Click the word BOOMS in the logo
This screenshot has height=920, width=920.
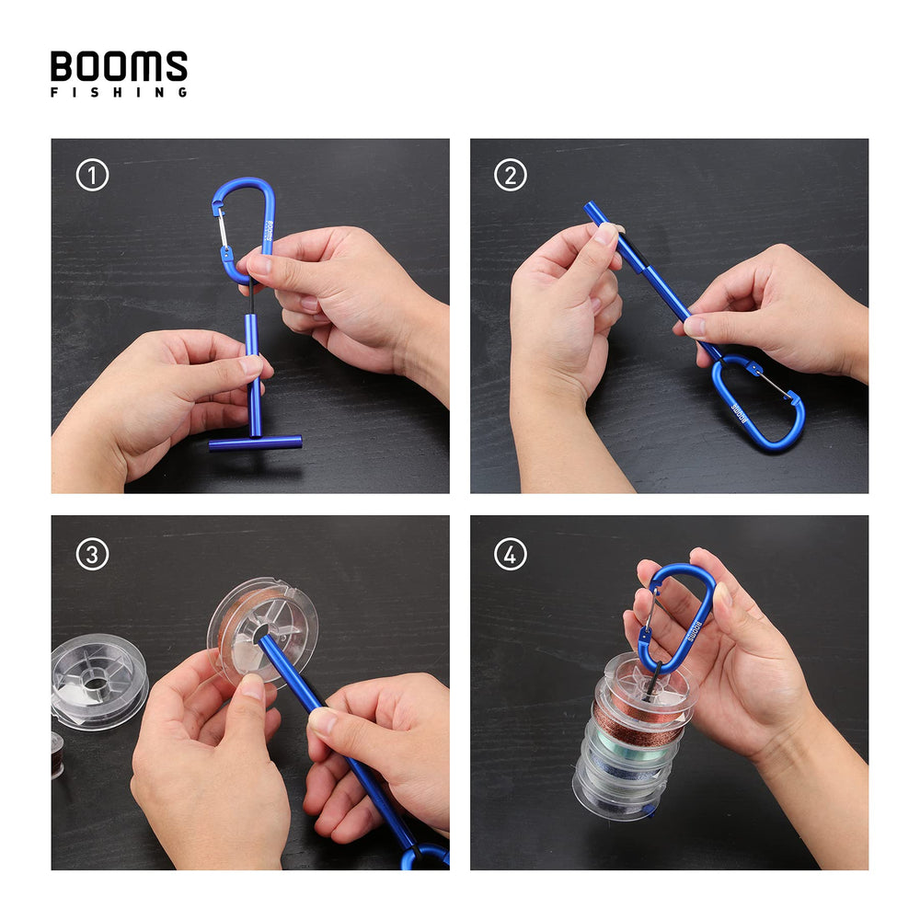tap(119, 66)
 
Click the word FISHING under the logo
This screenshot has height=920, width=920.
tap(119, 92)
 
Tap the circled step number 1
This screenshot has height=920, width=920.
tap(92, 175)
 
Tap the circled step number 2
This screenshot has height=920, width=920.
tap(511, 175)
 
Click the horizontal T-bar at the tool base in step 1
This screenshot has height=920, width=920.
tap(255, 443)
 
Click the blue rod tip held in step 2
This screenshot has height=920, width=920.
tap(593, 213)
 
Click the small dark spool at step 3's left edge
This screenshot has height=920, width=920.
tap(56, 754)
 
